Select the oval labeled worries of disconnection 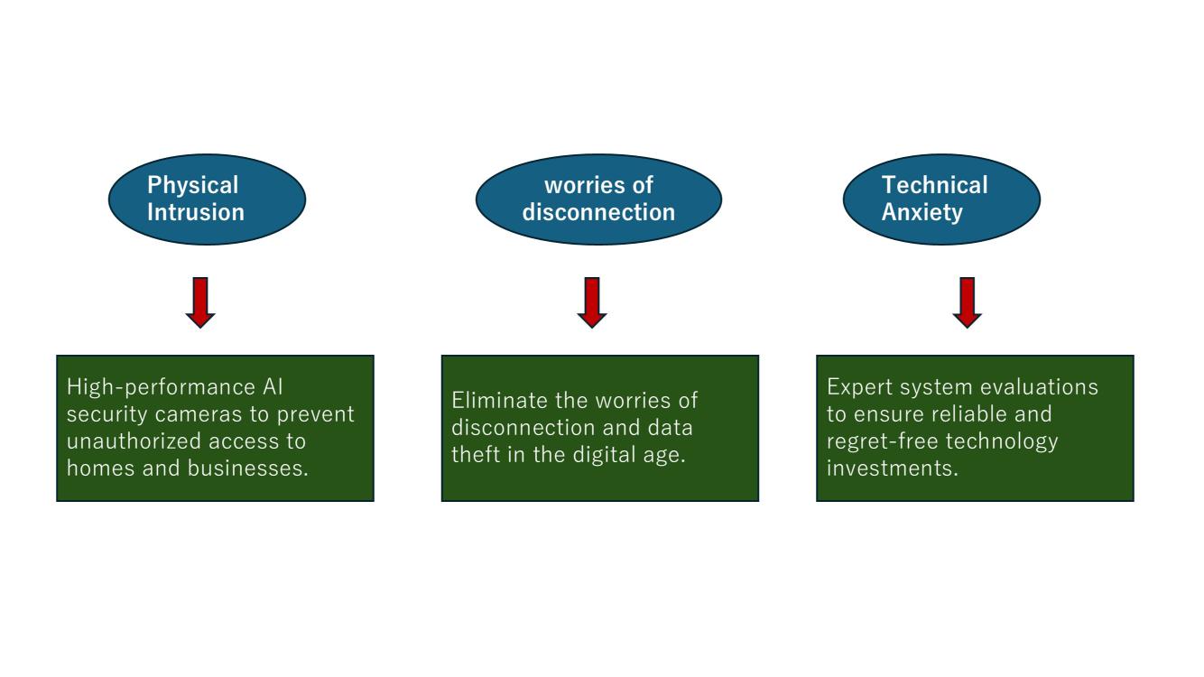pos(598,199)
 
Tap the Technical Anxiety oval pos(940,199)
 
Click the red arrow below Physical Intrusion pos(200,302)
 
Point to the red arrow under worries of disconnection pos(591,302)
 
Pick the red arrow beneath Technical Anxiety pos(967,302)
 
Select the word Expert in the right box pos(859,386)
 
